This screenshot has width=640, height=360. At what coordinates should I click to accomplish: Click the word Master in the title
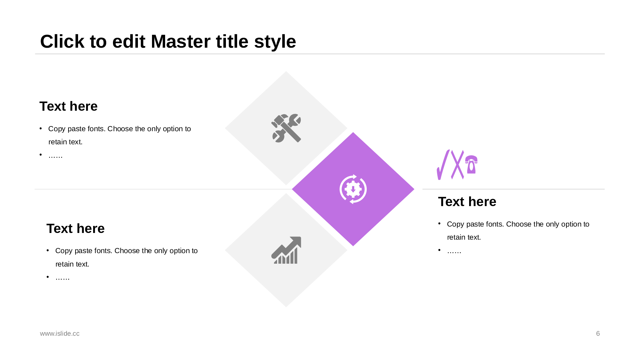click(x=199, y=42)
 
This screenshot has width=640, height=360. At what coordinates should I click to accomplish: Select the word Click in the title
click(x=62, y=42)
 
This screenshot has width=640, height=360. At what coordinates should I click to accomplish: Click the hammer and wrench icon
click(x=286, y=128)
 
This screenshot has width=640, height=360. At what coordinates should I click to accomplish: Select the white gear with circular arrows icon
click(x=353, y=189)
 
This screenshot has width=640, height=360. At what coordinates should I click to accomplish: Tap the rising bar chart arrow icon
click(x=286, y=250)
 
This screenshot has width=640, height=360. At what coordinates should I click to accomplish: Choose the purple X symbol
click(x=458, y=164)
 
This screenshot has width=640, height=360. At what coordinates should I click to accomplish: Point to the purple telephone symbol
click(x=471, y=164)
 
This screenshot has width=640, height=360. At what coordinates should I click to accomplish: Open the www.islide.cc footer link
click(x=60, y=333)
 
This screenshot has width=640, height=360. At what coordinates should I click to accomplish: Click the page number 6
click(x=598, y=333)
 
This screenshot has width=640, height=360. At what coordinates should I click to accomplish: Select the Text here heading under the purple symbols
click(x=467, y=202)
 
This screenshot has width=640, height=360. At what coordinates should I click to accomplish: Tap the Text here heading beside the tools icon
click(x=68, y=106)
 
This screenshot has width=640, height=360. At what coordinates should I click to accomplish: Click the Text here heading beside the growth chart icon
click(x=76, y=228)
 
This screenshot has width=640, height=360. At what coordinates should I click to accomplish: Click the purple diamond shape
click(x=353, y=189)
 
